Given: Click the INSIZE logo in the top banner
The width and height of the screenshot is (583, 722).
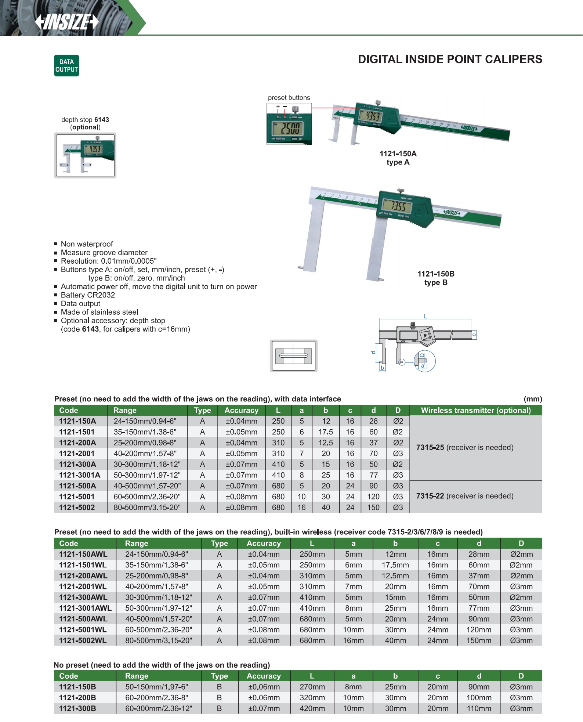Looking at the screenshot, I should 67,22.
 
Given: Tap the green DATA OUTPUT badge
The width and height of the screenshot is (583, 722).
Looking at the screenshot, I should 66,66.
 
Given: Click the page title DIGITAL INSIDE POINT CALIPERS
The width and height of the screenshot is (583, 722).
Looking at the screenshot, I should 450,59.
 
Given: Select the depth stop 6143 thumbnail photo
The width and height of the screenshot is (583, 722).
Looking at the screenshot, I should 85,155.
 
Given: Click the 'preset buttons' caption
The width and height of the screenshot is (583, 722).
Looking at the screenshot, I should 289,98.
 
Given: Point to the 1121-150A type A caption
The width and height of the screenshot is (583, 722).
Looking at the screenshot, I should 398,158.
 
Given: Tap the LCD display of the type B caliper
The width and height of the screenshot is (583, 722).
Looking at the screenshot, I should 394,206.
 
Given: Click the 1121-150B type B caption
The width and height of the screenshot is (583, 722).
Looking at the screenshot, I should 436,278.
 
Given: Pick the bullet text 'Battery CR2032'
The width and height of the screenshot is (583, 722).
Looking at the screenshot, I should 88,295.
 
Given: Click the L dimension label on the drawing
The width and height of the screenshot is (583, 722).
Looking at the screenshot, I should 426,316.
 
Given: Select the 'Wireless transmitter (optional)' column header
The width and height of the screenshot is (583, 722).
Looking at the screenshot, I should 476,410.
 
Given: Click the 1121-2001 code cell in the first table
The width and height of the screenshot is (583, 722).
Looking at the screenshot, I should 77,454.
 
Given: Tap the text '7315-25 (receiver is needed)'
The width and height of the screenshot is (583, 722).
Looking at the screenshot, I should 465,447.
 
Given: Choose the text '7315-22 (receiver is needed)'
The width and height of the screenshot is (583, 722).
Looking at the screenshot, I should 465,496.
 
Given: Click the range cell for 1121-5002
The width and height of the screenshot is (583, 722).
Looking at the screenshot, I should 147,507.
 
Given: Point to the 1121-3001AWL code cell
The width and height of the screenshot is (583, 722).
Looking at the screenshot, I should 85,608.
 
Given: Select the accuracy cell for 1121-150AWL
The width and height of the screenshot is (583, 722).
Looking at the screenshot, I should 264,554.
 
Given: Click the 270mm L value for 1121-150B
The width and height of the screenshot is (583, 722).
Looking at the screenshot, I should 312,687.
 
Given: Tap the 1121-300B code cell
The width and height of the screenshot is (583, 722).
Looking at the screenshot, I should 77,708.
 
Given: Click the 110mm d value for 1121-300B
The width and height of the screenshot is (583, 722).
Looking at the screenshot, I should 479,708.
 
